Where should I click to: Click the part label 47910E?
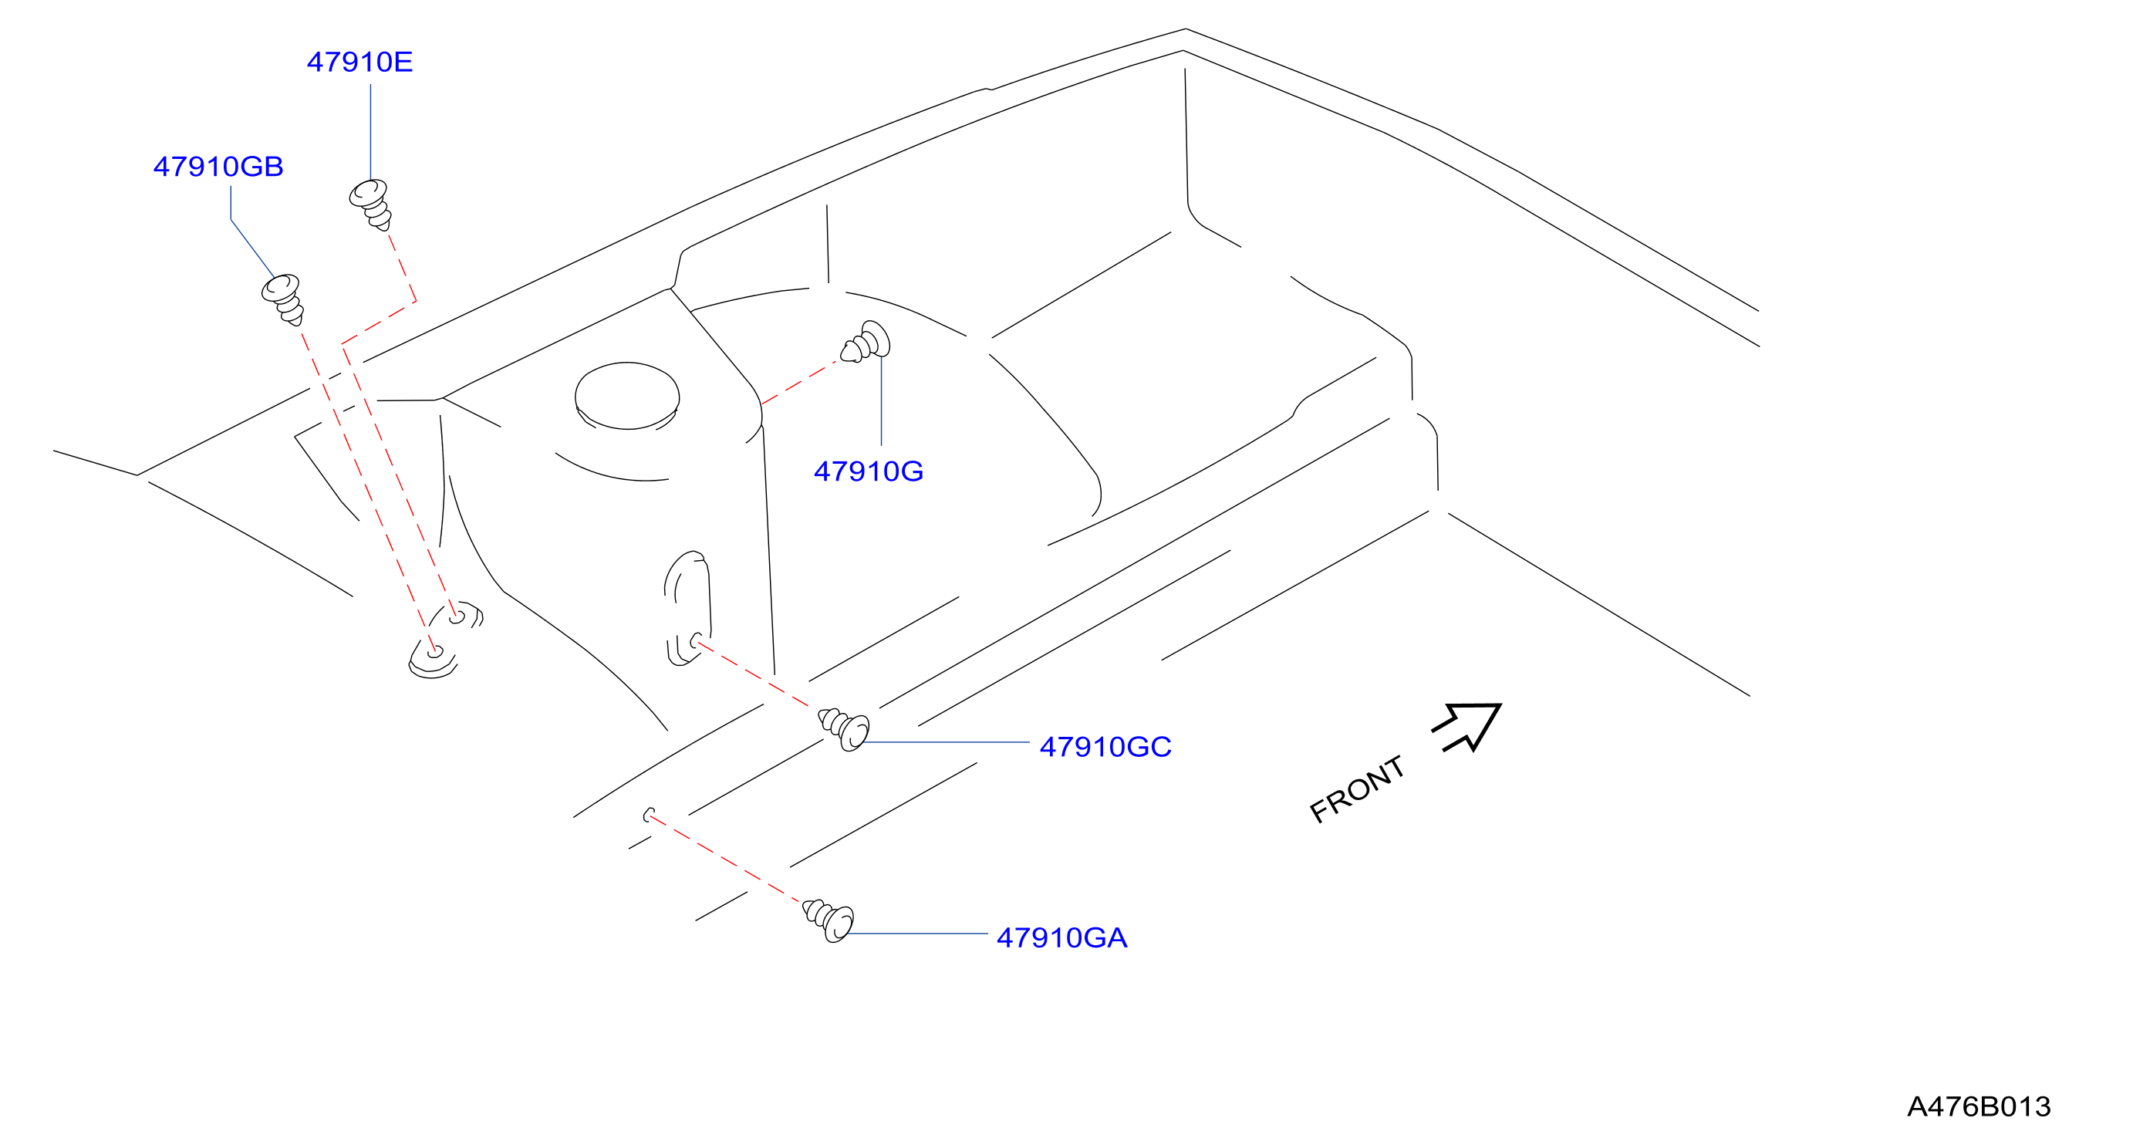pos(359,62)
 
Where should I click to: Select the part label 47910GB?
pos(218,167)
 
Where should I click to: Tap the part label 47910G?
pos(869,471)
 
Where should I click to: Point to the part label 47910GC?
pos(1105,747)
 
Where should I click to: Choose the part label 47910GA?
pos(1061,938)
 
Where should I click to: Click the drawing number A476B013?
pos(1979,1106)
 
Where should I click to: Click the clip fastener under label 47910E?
pos(370,204)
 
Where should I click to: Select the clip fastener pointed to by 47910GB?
pos(283,299)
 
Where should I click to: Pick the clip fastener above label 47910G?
pos(866,342)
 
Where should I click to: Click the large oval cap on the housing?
pos(627,396)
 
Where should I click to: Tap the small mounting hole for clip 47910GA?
pos(650,816)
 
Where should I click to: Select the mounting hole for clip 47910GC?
pos(697,641)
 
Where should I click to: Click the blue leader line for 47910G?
pos(882,401)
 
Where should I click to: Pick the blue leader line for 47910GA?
pos(918,934)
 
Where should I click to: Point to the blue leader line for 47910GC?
pos(947,743)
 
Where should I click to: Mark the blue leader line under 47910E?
pos(370,133)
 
